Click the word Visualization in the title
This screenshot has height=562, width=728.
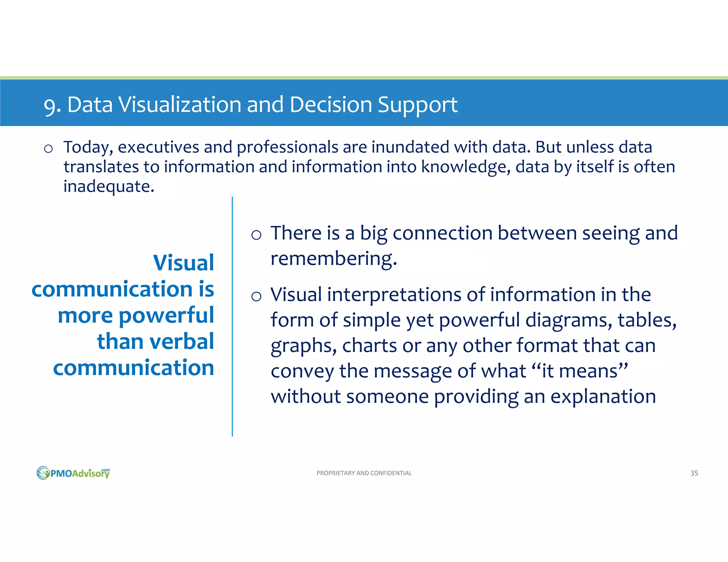point(180,105)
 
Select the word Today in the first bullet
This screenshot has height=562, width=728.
point(88,147)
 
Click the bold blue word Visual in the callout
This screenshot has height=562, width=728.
point(183,263)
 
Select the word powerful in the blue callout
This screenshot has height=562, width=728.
point(166,315)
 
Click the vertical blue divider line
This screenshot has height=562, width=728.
point(232,316)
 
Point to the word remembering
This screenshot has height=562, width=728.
point(333,259)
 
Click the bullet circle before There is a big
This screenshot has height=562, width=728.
point(256,235)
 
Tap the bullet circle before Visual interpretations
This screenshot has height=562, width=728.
point(256,296)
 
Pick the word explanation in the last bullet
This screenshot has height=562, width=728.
point(603,396)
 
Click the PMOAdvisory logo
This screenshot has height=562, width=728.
point(73,473)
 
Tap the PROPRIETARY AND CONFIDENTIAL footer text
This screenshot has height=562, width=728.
point(364,473)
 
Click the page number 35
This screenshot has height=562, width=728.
point(694,473)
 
